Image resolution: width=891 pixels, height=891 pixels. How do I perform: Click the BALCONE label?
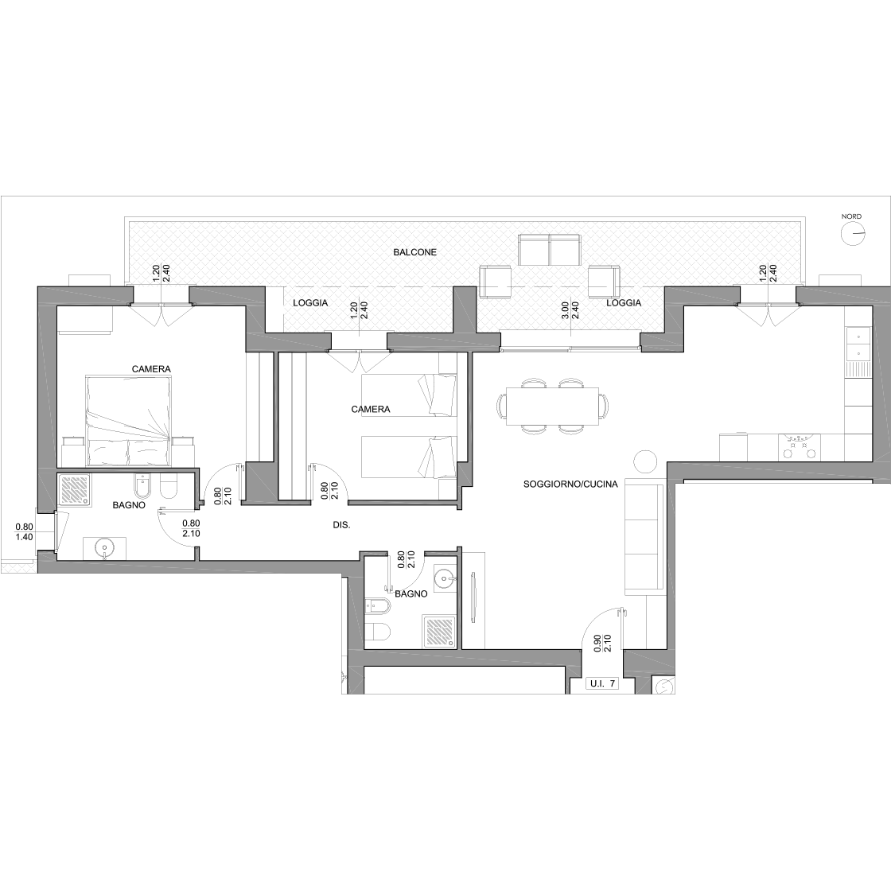414,251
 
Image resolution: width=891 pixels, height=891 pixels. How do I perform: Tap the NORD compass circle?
852,234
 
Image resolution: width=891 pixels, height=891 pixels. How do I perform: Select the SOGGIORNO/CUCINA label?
570,484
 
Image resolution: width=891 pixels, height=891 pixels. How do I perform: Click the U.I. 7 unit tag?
601,683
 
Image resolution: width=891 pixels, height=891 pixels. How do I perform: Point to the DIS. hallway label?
341,526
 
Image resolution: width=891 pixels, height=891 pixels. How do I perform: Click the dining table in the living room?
552,406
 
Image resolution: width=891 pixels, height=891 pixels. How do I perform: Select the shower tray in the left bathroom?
75,490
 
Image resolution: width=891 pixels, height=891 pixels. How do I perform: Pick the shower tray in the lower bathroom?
438,632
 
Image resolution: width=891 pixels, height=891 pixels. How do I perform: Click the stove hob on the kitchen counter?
798,447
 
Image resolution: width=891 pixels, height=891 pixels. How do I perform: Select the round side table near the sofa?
645,462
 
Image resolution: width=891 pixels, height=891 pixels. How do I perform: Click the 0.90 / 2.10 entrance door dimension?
602,643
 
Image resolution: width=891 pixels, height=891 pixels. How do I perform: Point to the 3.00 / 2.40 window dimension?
570,309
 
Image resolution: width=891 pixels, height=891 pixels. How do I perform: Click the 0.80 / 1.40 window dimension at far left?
24,532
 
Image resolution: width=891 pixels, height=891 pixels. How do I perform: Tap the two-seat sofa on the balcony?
550,251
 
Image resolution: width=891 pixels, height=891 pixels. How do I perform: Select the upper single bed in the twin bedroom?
409,395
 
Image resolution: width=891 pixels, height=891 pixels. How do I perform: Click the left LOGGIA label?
310,303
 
